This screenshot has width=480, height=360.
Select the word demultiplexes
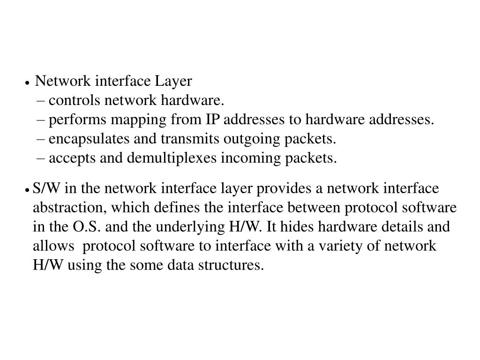click(172, 159)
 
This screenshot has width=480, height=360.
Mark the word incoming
click(251, 159)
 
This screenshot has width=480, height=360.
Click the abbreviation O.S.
click(84, 227)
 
